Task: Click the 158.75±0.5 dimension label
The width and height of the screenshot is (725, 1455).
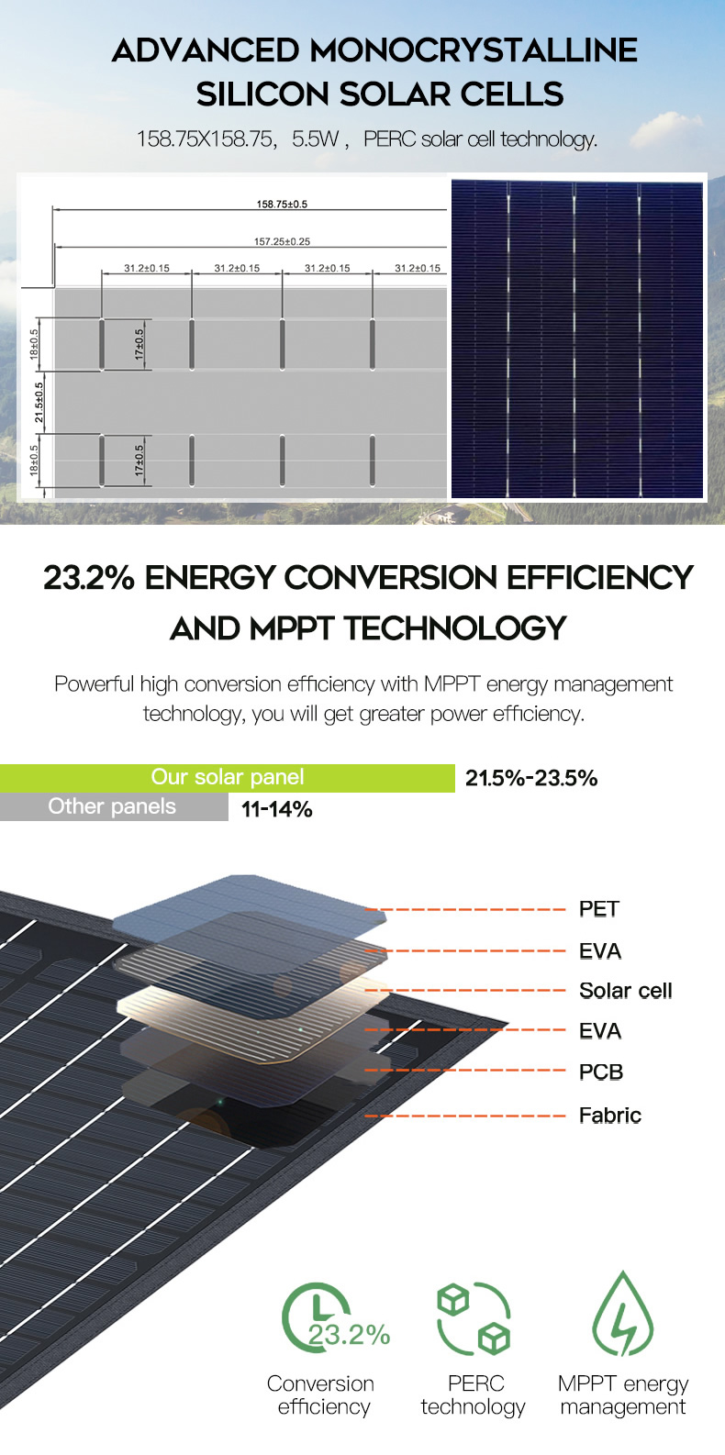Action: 282,204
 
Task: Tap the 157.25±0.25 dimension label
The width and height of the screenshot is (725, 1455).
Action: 282,241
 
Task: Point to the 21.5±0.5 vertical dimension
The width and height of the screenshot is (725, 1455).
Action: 39,403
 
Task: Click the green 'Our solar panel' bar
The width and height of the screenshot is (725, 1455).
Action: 228,778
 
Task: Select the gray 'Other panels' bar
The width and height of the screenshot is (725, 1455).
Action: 114,806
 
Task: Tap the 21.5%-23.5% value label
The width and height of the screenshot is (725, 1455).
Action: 531,778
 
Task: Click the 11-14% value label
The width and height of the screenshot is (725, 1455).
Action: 277,809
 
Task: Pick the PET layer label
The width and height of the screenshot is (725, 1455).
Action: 599,909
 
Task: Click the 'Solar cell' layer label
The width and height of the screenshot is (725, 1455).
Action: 626,991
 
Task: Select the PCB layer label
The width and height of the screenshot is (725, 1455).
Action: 601,1072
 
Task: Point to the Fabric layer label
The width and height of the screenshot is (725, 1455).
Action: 610,1116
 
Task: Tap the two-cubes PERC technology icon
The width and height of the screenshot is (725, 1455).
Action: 474,1318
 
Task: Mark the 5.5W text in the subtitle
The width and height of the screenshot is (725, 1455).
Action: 316,139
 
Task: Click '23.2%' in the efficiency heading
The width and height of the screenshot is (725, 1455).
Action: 89,577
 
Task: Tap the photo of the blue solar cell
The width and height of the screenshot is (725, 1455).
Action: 577,339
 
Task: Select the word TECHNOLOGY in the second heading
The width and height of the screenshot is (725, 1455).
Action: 455,628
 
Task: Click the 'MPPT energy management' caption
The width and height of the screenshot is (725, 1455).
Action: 623,1394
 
